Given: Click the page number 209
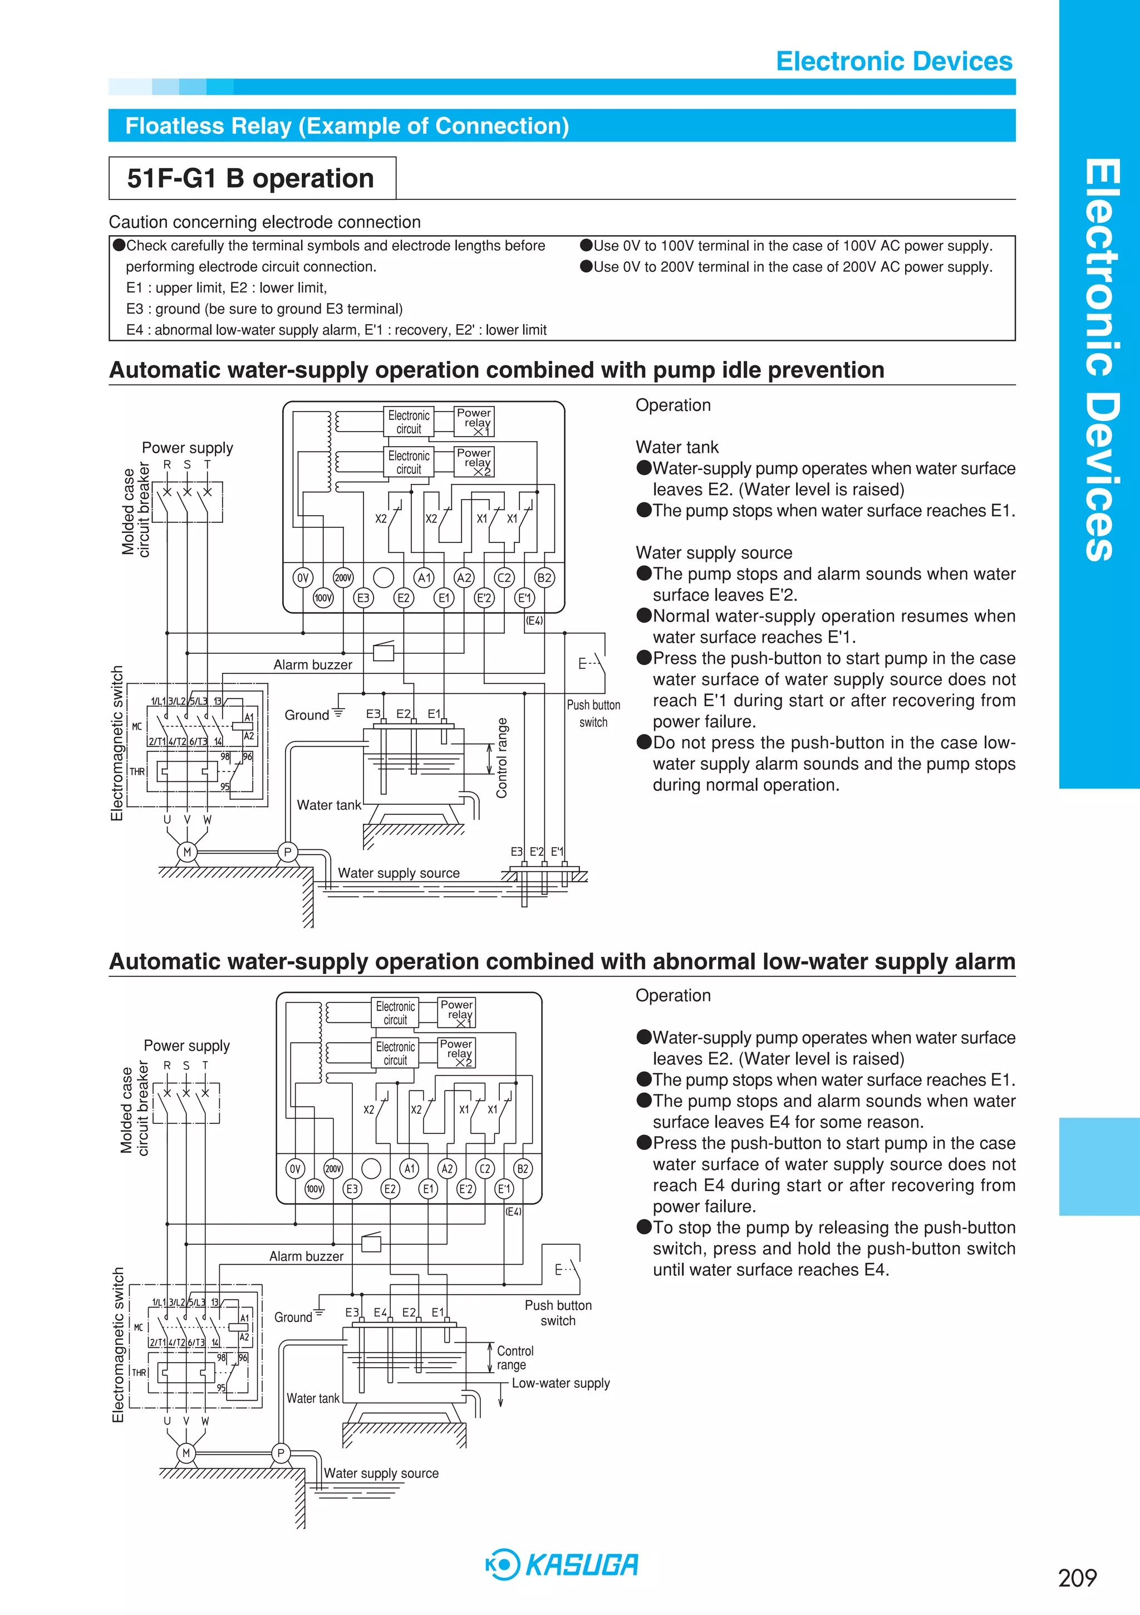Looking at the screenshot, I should (x=1077, y=1578).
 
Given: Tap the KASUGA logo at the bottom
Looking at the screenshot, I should (x=563, y=1564).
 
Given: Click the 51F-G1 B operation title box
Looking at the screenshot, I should (x=251, y=178).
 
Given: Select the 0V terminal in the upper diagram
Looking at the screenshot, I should (x=302, y=578).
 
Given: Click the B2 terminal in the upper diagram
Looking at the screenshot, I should (x=544, y=578).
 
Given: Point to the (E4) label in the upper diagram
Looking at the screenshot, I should (x=534, y=620).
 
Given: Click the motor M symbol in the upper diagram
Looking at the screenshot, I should (x=187, y=852).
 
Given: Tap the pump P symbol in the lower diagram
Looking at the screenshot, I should (x=281, y=1453).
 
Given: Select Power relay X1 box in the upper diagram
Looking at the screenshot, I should (x=475, y=422).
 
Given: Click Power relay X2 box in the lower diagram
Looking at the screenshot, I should (x=456, y=1053).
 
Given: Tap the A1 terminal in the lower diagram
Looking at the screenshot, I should (x=409, y=1168).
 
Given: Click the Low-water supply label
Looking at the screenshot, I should (x=561, y=1383).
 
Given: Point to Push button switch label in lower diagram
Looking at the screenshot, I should (x=558, y=1313).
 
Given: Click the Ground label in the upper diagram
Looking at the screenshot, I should (x=307, y=714).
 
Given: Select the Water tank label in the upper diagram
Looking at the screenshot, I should (x=328, y=805).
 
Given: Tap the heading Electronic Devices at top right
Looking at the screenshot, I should (x=894, y=61).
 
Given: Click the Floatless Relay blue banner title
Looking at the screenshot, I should (x=347, y=126).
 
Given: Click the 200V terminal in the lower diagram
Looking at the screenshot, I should (x=333, y=1168).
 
